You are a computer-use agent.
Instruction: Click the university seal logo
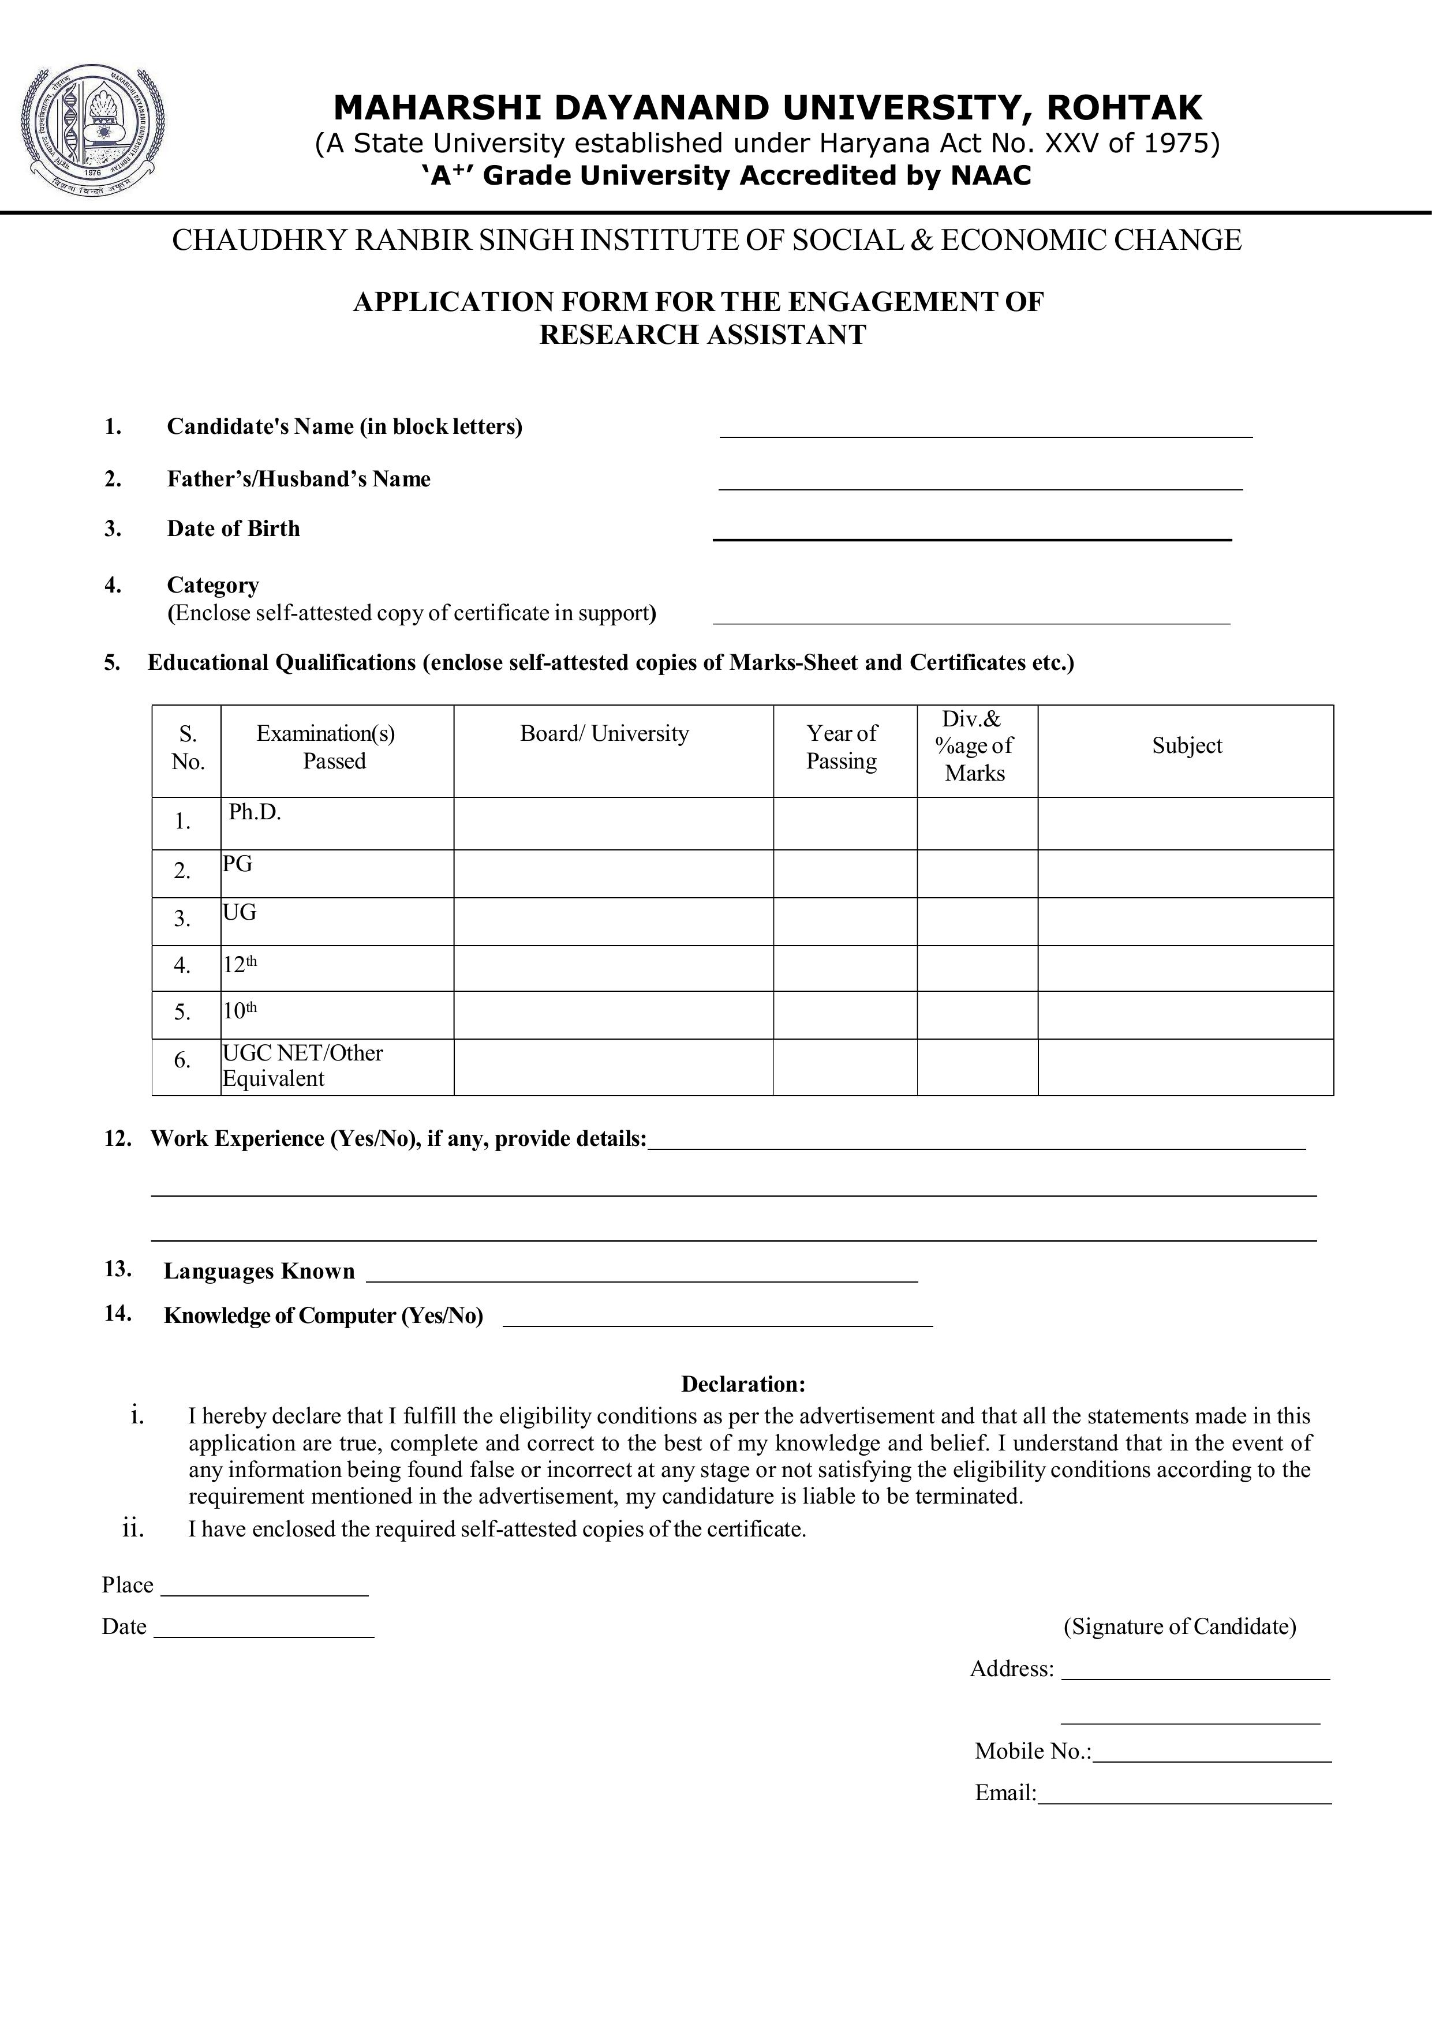coord(92,130)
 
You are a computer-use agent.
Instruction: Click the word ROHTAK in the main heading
coord(1123,108)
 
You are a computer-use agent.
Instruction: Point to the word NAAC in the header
coord(990,175)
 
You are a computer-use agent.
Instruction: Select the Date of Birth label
coord(234,529)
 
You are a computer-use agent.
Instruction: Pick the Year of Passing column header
coord(842,748)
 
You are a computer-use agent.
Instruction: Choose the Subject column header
coord(1186,747)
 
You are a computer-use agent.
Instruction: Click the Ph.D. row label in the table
coord(255,813)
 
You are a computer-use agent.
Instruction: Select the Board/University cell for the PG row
coord(613,874)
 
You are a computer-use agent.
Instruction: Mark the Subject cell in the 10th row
coord(1184,1015)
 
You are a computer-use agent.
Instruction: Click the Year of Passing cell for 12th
coord(845,968)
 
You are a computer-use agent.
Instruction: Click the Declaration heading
coord(742,1384)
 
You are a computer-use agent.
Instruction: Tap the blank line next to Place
coord(264,1588)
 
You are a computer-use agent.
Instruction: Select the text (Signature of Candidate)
coord(1179,1626)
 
